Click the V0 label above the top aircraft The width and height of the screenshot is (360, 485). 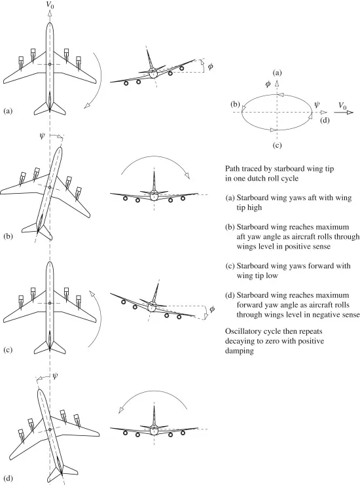point(50,5)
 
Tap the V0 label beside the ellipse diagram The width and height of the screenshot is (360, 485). point(342,105)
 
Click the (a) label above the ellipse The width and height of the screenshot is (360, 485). point(277,73)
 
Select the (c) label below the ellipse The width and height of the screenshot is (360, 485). point(277,145)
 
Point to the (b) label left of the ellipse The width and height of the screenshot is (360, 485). point(235,104)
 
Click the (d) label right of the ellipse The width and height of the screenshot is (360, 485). point(325,120)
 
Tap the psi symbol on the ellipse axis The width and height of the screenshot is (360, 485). point(317,105)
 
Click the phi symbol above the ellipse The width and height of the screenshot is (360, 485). point(268,84)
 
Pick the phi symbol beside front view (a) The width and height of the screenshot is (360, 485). point(210,66)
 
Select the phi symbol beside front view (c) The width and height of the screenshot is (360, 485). point(212,309)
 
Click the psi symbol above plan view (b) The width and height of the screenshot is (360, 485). point(43,135)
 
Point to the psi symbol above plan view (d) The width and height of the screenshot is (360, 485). point(55,376)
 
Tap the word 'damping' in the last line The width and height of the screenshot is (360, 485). point(240,351)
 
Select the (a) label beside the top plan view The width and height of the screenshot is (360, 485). point(8,111)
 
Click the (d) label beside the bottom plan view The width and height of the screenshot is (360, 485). point(8,478)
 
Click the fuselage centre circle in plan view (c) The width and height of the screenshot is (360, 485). point(50,303)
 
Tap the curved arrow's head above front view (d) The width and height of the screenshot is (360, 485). point(120,410)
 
